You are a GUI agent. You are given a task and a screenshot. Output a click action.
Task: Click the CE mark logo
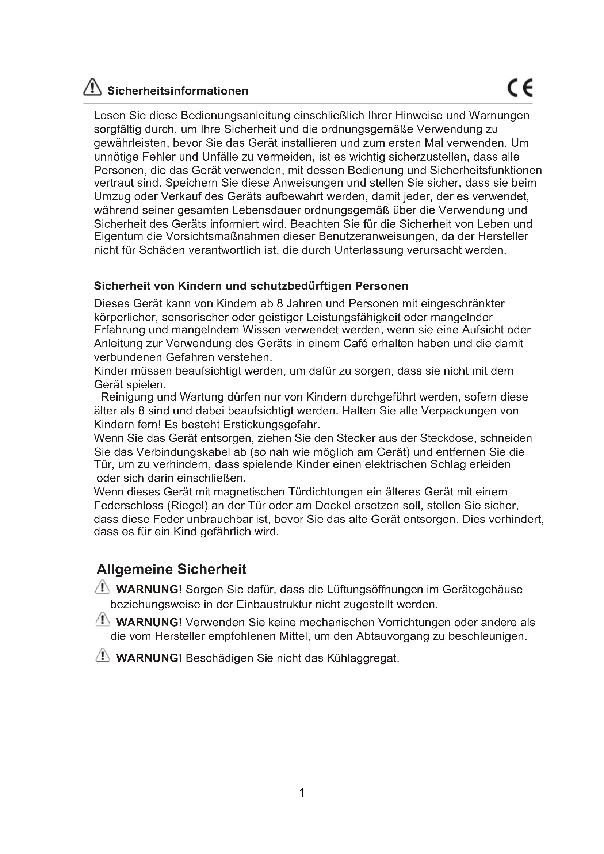click(520, 88)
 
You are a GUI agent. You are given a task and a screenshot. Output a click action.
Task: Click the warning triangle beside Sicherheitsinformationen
click(92, 87)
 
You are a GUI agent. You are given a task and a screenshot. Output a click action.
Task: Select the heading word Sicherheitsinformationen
click(177, 91)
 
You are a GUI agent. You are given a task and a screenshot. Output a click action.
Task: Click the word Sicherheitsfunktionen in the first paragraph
click(486, 171)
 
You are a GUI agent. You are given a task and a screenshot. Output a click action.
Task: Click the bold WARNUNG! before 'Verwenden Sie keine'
click(149, 622)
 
